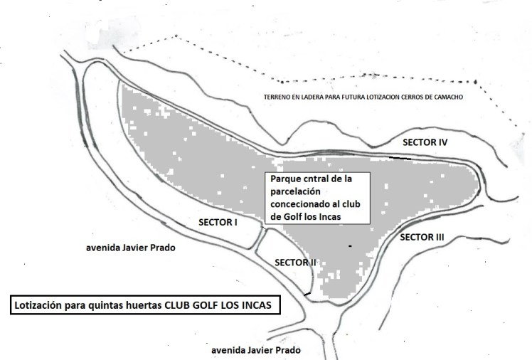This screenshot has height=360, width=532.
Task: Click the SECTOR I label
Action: [218, 223]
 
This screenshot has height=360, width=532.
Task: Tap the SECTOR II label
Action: [295, 263]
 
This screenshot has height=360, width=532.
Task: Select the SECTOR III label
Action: [422, 237]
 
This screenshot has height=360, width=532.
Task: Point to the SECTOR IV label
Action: [425, 142]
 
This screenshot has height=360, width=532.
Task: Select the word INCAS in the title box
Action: [257, 305]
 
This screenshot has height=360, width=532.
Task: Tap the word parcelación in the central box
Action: [296, 191]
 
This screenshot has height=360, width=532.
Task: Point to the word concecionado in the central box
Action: [299, 204]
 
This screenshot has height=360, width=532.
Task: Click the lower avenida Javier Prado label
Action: [256, 350]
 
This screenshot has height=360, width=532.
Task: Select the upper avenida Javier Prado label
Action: [131, 248]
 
